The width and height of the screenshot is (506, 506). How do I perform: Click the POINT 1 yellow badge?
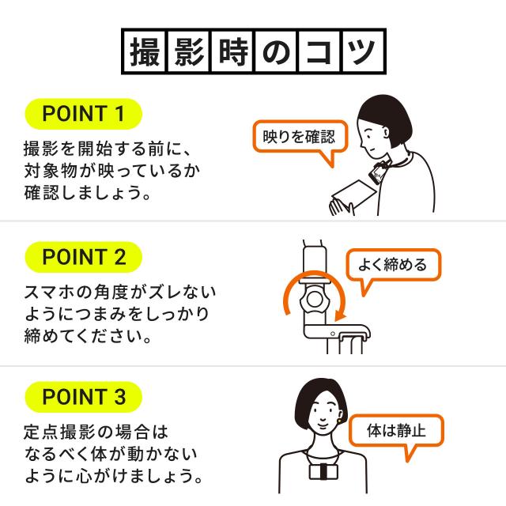click(83, 113)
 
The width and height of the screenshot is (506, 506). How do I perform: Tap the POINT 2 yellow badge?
click(83, 257)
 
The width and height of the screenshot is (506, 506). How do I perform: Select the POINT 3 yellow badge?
click(83, 397)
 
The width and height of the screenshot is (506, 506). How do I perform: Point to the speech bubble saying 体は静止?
click(397, 433)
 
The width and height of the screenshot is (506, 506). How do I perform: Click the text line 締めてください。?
click(87, 336)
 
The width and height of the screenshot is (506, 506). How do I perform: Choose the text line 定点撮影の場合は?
click(96, 433)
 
